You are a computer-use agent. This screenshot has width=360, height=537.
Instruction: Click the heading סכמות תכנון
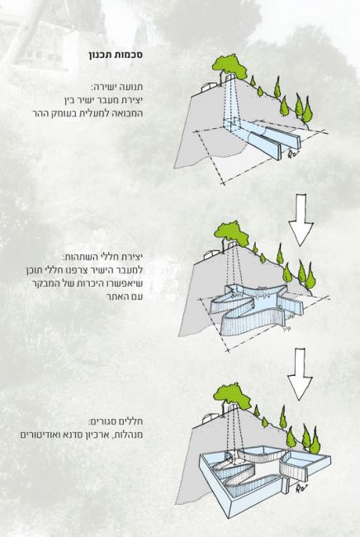(x=116, y=55)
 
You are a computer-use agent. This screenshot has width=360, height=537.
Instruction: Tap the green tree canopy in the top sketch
(x=230, y=66)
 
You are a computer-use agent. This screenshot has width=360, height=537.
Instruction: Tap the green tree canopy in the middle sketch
(x=232, y=233)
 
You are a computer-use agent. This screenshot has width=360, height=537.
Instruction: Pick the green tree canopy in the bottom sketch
(x=233, y=396)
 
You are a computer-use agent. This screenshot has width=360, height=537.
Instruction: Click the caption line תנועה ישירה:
(x=117, y=87)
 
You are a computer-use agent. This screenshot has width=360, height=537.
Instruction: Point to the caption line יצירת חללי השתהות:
(x=102, y=257)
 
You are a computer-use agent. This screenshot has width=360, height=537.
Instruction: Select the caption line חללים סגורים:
(x=116, y=421)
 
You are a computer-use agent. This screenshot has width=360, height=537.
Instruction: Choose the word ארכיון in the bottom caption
(x=96, y=435)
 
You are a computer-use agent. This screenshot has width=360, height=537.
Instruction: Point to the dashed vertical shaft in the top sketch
(x=230, y=101)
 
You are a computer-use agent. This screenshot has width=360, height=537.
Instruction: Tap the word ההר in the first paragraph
(x=40, y=113)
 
